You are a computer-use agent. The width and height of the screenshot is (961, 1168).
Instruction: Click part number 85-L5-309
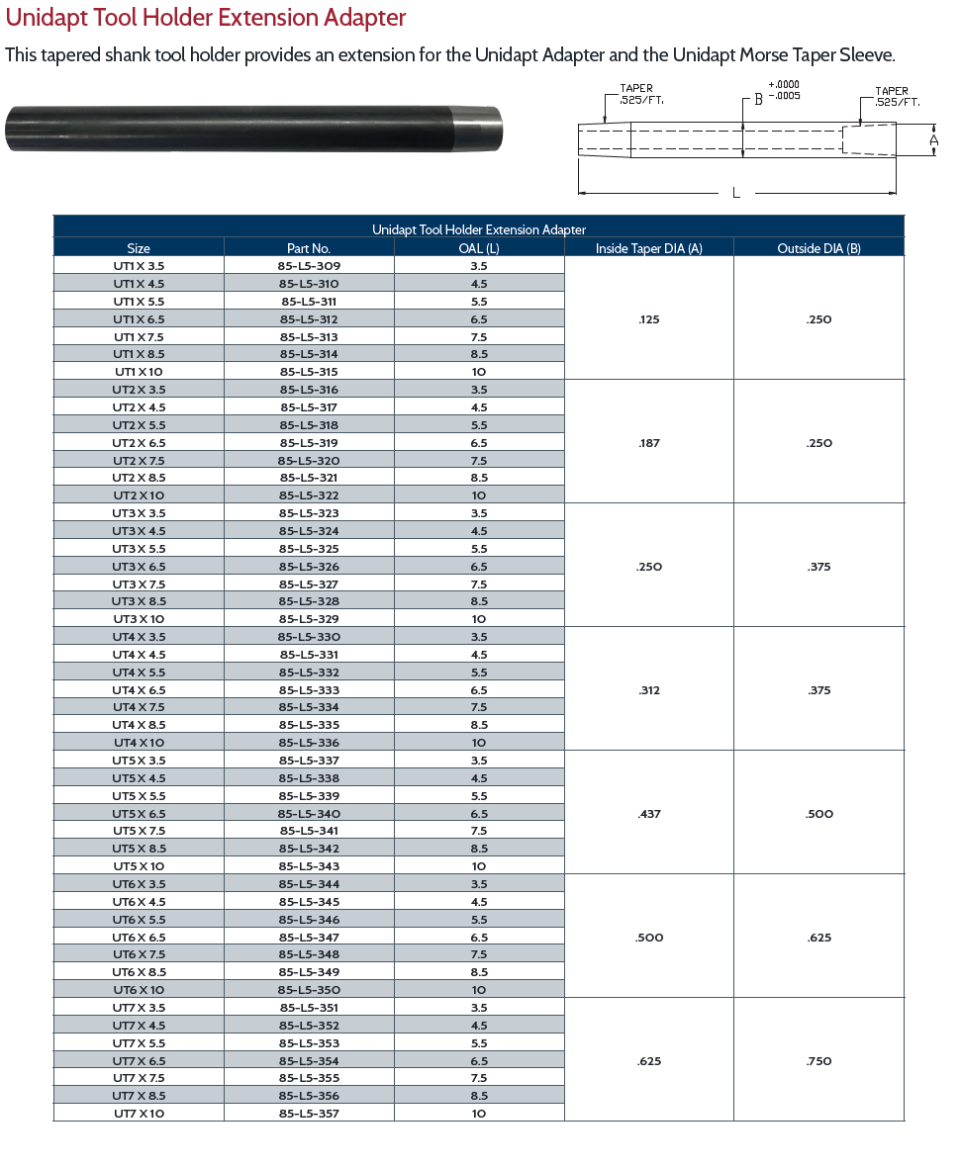click(x=309, y=266)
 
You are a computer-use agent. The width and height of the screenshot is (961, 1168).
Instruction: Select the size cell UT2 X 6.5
click(x=139, y=443)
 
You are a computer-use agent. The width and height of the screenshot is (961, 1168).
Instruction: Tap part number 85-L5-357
click(x=309, y=1114)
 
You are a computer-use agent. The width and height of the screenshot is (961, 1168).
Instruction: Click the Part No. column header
click(x=309, y=248)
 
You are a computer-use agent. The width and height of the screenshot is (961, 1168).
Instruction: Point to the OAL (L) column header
click(x=479, y=248)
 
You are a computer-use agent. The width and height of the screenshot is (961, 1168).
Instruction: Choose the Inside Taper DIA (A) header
click(x=648, y=248)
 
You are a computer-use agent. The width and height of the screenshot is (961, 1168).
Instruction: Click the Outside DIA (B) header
click(x=818, y=248)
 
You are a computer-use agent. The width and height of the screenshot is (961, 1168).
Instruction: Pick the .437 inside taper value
click(x=649, y=814)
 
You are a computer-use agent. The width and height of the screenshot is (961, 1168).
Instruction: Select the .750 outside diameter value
click(x=819, y=1061)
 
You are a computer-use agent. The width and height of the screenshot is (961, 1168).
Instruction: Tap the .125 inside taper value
click(x=649, y=319)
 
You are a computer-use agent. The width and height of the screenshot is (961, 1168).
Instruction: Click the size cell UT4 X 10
click(x=139, y=743)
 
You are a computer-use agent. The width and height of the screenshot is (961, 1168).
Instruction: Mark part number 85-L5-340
click(x=309, y=814)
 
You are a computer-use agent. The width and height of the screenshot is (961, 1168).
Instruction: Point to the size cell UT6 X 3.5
click(x=139, y=884)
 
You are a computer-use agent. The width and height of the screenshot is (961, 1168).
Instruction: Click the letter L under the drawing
click(x=735, y=193)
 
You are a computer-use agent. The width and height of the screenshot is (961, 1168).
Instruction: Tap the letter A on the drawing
click(x=933, y=140)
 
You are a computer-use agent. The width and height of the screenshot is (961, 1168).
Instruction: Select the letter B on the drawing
click(x=758, y=99)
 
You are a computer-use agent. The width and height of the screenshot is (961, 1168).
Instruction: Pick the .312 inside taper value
click(x=649, y=690)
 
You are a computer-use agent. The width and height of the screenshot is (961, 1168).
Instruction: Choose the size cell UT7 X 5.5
click(x=139, y=1043)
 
